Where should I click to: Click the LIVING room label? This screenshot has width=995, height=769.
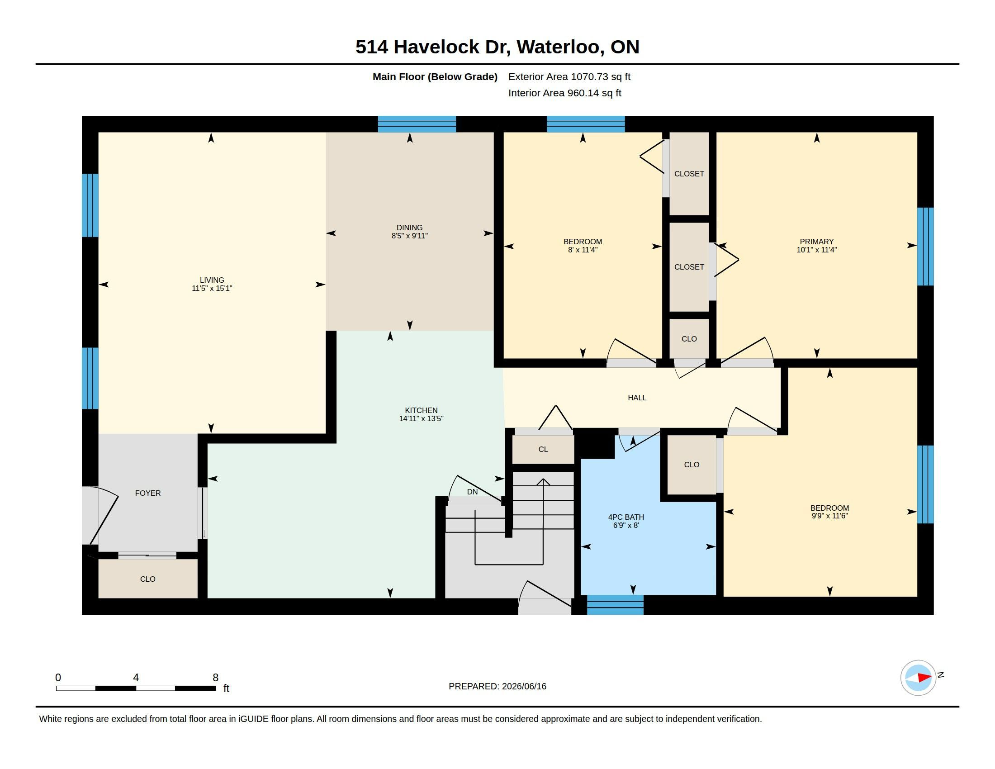click(x=212, y=280)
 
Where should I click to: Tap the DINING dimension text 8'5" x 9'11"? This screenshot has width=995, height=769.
click(x=410, y=236)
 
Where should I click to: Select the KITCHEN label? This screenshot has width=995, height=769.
click(x=421, y=410)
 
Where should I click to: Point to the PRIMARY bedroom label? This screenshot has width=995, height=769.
click(x=816, y=242)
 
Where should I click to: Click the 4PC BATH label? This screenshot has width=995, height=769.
click(x=626, y=517)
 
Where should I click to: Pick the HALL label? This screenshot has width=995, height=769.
click(x=637, y=398)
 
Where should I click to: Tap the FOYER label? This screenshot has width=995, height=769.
click(x=147, y=493)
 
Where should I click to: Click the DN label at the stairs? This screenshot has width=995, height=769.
click(x=473, y=492)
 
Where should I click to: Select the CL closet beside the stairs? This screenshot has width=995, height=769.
click(x=543, y=449)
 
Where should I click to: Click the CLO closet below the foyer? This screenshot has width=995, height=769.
click(x=147, y=579)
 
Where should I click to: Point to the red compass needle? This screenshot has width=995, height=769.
click(x=924, y=678)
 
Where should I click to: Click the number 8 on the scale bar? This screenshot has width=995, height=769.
click(x=215, y=678)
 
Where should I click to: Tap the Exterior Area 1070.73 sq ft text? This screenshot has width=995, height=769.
click(x=569, y=76)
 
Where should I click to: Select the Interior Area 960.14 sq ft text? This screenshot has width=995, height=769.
click(x=564, y=93)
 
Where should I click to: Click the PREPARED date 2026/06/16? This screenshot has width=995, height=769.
click(x=524, y=686)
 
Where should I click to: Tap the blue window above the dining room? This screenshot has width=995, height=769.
click(x=417, y=124)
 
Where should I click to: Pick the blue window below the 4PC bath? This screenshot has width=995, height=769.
click(x=615, y=604)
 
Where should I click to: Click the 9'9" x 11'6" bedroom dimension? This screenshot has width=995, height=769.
click(x=829, y=516)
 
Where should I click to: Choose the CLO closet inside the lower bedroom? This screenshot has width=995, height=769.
click(x=692, y=465)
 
